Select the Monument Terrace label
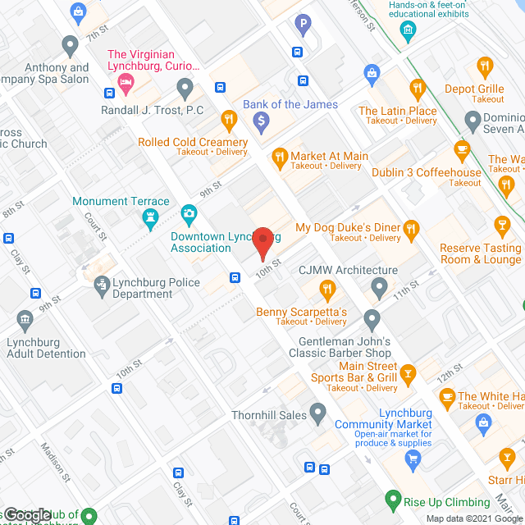coord(121,201)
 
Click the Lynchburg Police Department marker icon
coord(102,284)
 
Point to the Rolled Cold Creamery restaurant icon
coord(229,121)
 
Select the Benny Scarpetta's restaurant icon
coord(327,289)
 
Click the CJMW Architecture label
coord(348,270)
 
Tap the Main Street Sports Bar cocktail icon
coord(408,377)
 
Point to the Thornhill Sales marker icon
coord(319,412)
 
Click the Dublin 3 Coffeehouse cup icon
coord(462,149)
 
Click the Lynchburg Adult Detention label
coord(46,348)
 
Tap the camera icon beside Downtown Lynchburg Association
coord(190,216)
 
